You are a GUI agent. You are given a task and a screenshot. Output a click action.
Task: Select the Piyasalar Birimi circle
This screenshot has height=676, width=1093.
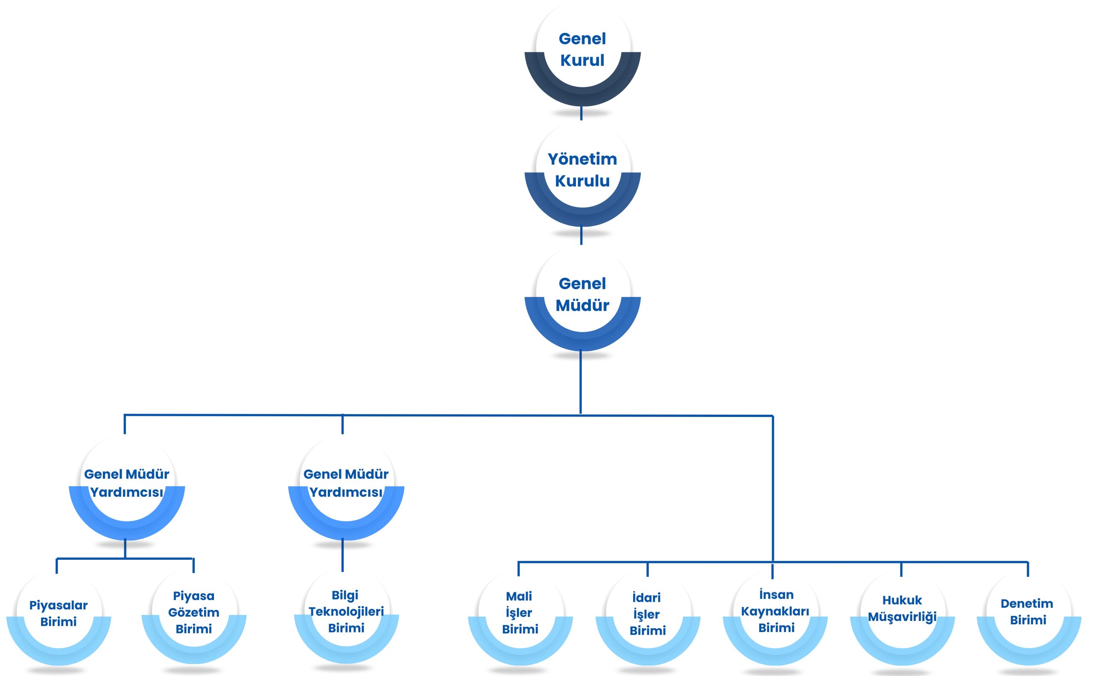point(58,618)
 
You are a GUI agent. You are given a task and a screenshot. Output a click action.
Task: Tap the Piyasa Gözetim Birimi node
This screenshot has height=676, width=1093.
point(194,617)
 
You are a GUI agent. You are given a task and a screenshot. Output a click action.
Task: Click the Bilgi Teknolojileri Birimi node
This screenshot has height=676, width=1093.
point(347,617)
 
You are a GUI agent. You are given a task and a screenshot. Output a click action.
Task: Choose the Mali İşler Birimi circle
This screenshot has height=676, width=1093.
point(520,618)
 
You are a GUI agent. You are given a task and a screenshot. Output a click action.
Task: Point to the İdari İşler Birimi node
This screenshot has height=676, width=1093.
point(648,618)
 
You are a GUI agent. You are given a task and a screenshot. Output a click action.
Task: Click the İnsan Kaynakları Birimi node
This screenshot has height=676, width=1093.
point(775,618)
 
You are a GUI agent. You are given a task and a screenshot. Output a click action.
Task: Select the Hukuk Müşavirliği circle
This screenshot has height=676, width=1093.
point(903,618)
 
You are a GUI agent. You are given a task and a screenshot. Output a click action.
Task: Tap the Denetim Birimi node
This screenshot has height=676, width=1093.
point(1029,618)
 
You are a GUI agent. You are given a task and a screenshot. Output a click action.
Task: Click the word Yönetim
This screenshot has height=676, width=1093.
point(582,159)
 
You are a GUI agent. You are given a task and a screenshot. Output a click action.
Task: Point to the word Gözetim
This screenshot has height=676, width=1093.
point(194,612)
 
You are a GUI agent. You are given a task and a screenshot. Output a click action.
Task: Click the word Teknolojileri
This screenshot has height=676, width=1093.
point(346,612)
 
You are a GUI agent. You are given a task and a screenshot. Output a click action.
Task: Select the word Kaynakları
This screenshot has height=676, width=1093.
point(775,611)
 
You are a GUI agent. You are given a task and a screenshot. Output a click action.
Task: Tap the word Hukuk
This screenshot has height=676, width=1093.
point(902,600)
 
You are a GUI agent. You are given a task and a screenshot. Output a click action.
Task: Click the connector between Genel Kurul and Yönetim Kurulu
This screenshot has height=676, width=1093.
point(582,113)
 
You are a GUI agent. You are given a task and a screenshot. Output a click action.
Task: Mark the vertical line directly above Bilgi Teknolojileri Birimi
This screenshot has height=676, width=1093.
point(342,555)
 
